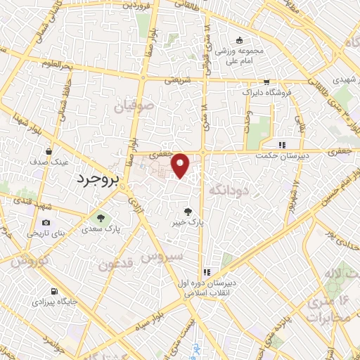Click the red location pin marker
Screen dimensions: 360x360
(181, 165)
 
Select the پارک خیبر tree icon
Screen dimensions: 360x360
(187, 210)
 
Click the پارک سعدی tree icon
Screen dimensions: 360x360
(101, 217)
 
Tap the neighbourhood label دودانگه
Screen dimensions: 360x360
(227, 189)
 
